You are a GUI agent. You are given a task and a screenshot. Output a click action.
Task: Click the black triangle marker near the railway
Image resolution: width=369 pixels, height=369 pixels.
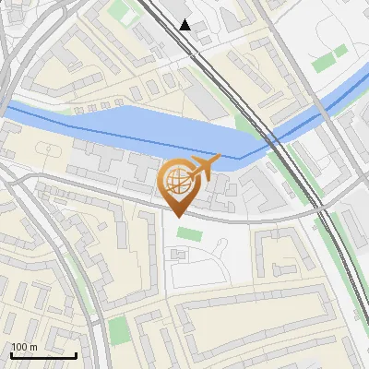coord(185,25)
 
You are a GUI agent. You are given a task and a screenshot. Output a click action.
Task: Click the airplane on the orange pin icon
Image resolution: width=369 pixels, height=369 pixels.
coord(205,166)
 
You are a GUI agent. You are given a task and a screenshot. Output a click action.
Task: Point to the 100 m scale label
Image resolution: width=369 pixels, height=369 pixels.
coord(24,347)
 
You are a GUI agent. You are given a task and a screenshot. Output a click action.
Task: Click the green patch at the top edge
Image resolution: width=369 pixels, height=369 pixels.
coord(121,12)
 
